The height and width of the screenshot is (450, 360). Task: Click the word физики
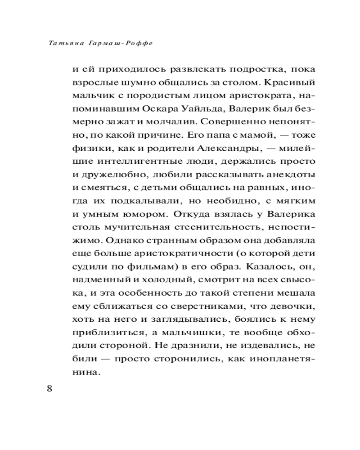pos(87,148)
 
